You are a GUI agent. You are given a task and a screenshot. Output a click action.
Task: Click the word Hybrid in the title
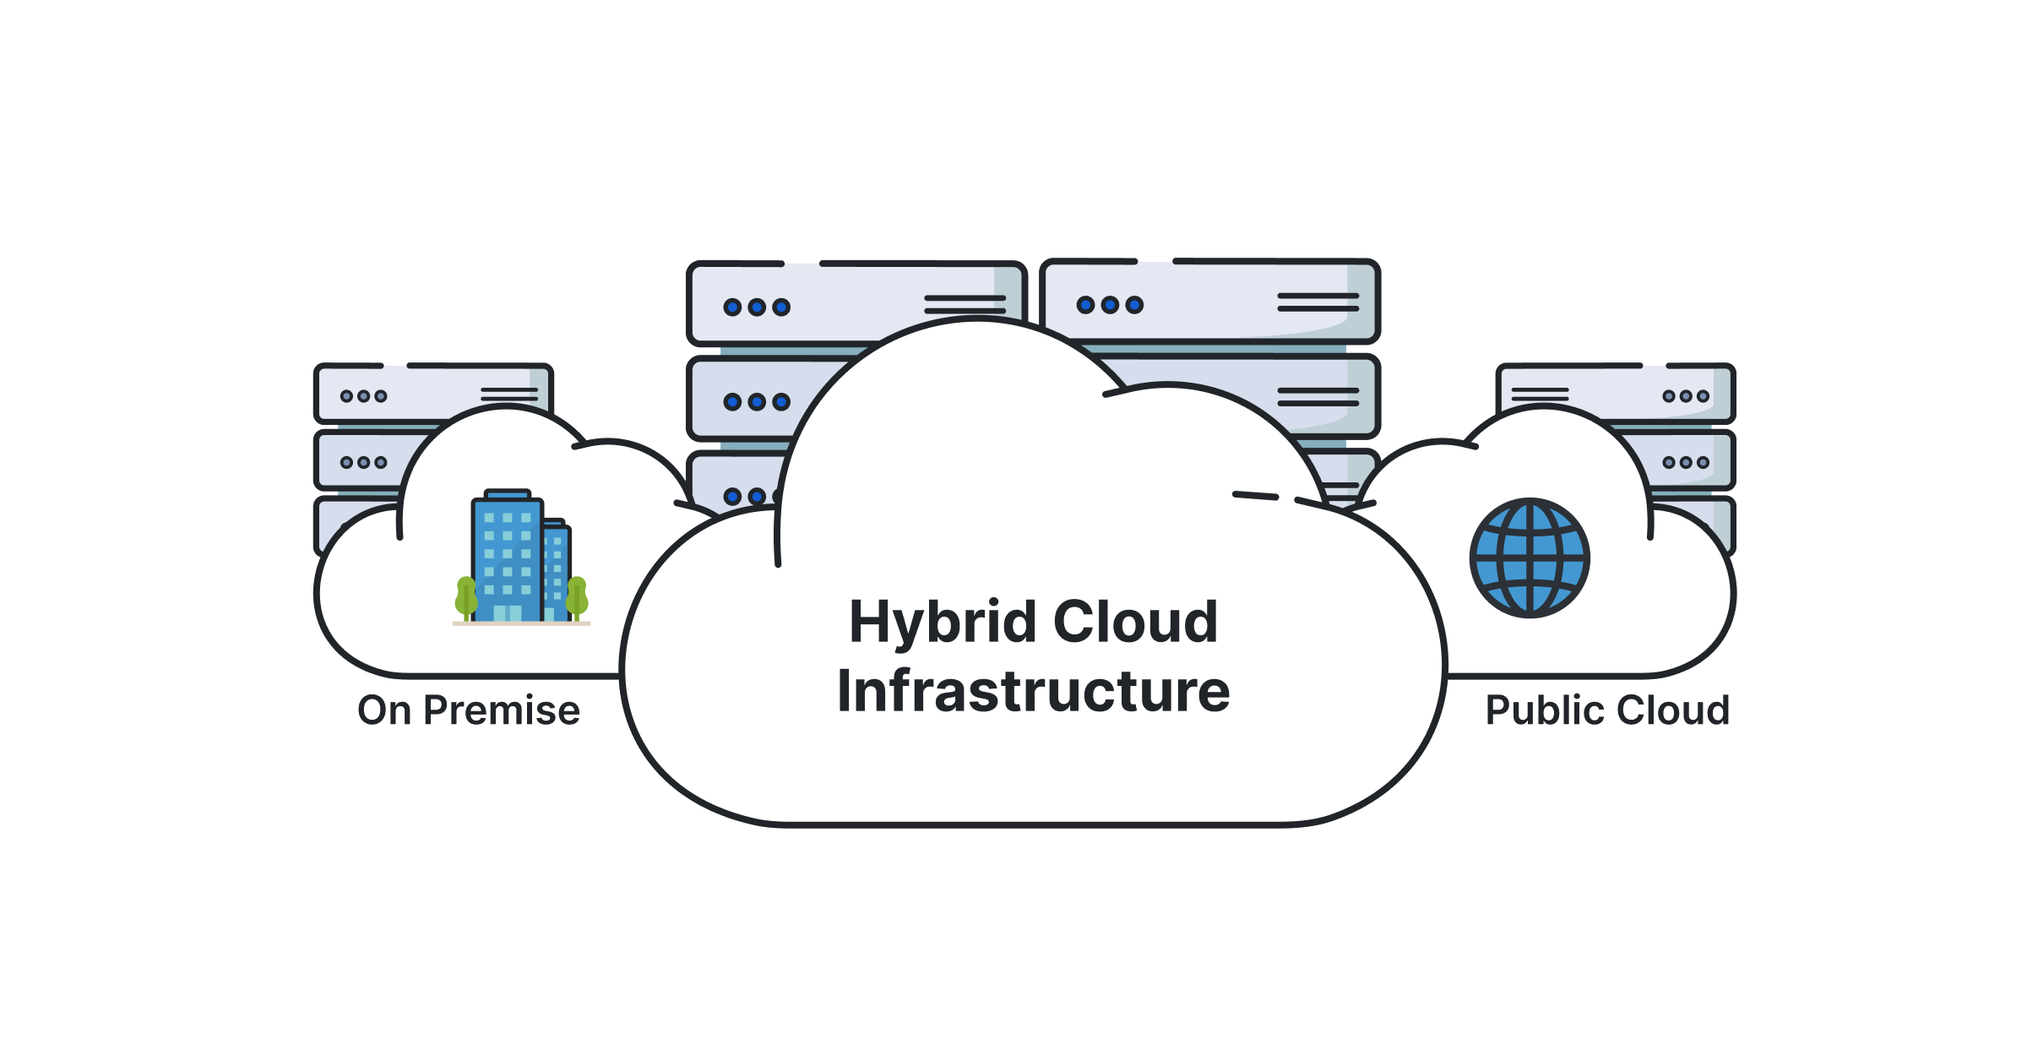coord(942,623)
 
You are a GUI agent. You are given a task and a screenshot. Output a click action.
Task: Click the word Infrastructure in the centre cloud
coord(1033,691)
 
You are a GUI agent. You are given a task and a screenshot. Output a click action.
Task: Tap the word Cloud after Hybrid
coord(1135,623)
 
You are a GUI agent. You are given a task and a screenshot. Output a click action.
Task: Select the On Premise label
coord(469,710)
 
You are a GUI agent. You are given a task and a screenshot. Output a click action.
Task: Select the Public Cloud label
coord(1607,710)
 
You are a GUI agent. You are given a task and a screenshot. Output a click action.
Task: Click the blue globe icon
coord(1530,558)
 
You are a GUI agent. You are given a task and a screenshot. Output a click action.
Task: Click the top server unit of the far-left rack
coord(433,394)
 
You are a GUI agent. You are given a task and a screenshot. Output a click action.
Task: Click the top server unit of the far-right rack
coord(1615,394)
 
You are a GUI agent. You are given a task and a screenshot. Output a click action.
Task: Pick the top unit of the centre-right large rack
coord(1209,302)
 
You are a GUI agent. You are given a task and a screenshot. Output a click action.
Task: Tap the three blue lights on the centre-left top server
coord(757,307)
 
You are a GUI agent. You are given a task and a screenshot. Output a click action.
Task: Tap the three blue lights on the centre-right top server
coord(1110,305)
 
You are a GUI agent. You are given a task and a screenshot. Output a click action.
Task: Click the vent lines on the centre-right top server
coord(1318,302)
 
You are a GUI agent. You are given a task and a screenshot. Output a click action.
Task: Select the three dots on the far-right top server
coord(1686,396)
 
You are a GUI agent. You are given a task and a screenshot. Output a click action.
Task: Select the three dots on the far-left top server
coord(363,396)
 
